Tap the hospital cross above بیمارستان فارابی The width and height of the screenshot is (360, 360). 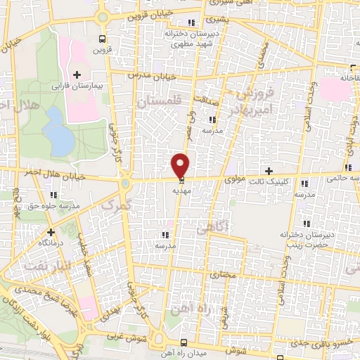point(77,74)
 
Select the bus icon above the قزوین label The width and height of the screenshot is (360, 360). point(104,39)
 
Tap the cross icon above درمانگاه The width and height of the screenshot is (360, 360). point(51,231)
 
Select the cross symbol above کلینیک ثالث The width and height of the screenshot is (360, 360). point(269,171)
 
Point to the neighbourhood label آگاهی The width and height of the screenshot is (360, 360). point(211,227)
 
